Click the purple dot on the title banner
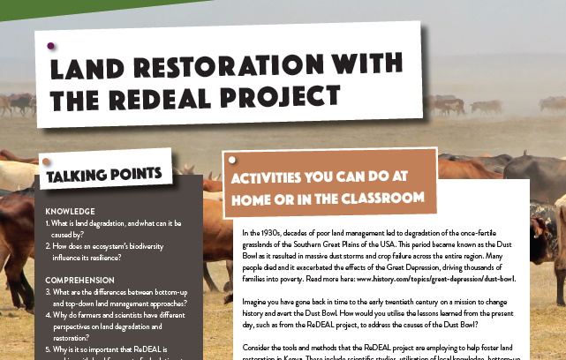(x=50, y=45)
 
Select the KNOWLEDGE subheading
(x=70, y=212)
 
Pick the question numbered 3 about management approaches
(x=119, y=297)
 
